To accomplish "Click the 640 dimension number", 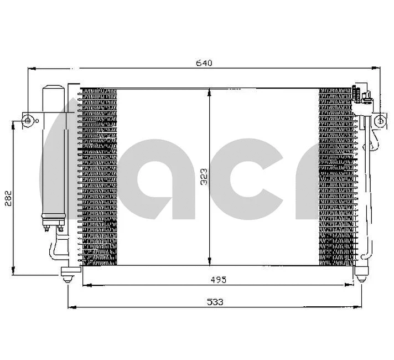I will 204,63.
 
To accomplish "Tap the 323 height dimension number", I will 204,177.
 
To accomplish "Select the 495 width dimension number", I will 218,280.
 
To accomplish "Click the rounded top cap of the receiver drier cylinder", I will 53,88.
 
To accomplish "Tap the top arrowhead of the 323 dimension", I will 209,92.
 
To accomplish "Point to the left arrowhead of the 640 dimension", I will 32,69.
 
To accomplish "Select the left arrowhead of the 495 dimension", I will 85,285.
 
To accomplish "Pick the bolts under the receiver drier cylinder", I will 53,225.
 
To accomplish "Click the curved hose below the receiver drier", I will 55,249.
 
